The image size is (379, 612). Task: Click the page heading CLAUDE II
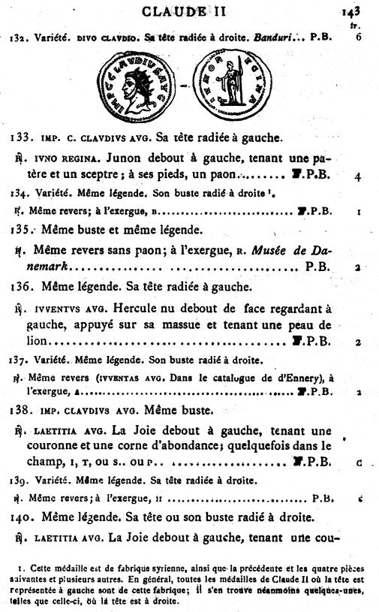[x=190, y=10]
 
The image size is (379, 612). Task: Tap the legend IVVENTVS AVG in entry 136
[x=67, y=309]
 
